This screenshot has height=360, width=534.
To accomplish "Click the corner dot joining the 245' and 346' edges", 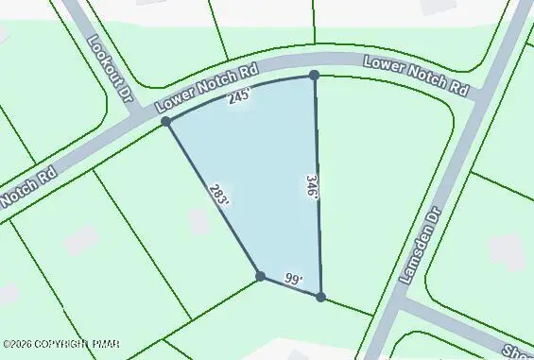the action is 314,75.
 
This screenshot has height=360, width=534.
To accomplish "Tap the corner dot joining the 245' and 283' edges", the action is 166,122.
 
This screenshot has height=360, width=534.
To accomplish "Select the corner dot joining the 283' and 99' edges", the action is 260,276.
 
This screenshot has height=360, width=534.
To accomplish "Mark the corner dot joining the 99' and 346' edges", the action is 320,297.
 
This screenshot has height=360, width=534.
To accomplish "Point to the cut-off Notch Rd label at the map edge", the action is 29,185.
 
